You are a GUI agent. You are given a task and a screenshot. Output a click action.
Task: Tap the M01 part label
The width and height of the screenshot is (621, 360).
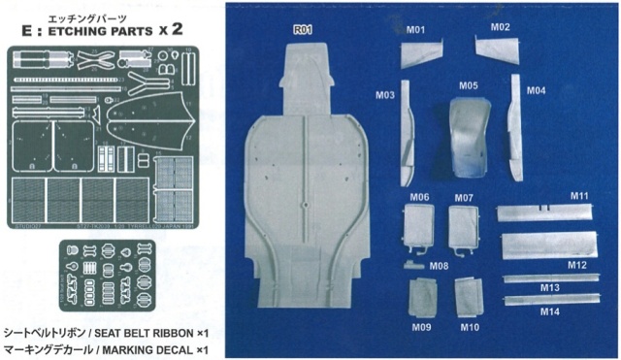click(x=415, y=29)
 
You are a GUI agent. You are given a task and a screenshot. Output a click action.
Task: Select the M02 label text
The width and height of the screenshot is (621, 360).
click(x=500, y=27)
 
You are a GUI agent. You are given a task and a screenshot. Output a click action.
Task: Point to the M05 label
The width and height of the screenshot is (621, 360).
click(x=469, y=85)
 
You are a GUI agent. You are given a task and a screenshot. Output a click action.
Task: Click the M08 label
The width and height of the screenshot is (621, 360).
click(x=439, y=266)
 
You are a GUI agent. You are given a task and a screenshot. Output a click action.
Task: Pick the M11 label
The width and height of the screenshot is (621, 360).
click(x=579, y=197)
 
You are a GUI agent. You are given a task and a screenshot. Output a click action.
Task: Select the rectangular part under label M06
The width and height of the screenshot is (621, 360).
click(x=420, y=227)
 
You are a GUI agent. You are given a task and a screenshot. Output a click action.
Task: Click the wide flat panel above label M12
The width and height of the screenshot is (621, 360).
click(x=547, y=245)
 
